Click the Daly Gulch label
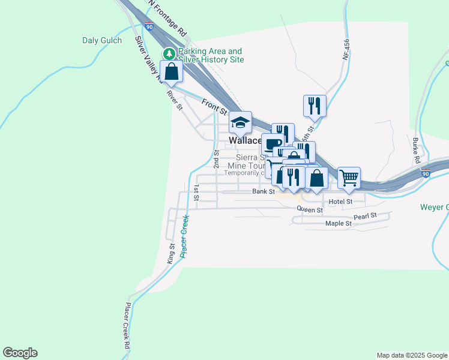[101, 41]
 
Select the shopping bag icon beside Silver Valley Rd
[172, 71]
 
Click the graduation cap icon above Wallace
[240, 124]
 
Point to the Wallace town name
[244, 140]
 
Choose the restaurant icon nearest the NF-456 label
[315, 106]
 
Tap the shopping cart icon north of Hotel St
[349, 177]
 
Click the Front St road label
[214, 107]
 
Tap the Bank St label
[263, 192]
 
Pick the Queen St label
[310, 210]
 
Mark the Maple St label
[338, 224]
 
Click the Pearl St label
[365, 215]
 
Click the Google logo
[20, 353]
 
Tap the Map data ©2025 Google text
[411, 355]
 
